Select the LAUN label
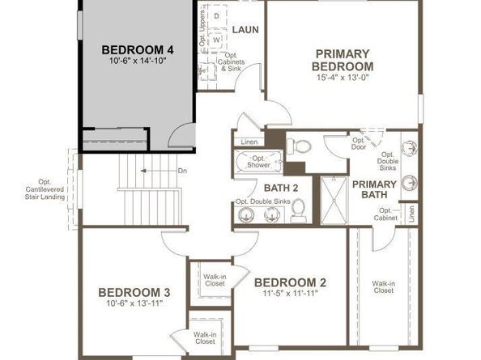(x=245, y=30)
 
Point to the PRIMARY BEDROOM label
(x=343, y=60)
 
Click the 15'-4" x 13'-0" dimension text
(x=343, y=78)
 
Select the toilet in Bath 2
(x=298, y=210)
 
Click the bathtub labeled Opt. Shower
(x=258, y=162)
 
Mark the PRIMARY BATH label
(x=375, y=189)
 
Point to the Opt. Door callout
(x=359, y=145)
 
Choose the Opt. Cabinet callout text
(x=385, y=214)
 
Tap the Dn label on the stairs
(x=183, y=171)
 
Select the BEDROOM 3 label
(x=134, y=292)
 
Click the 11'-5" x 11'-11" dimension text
(x=291, y=294)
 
